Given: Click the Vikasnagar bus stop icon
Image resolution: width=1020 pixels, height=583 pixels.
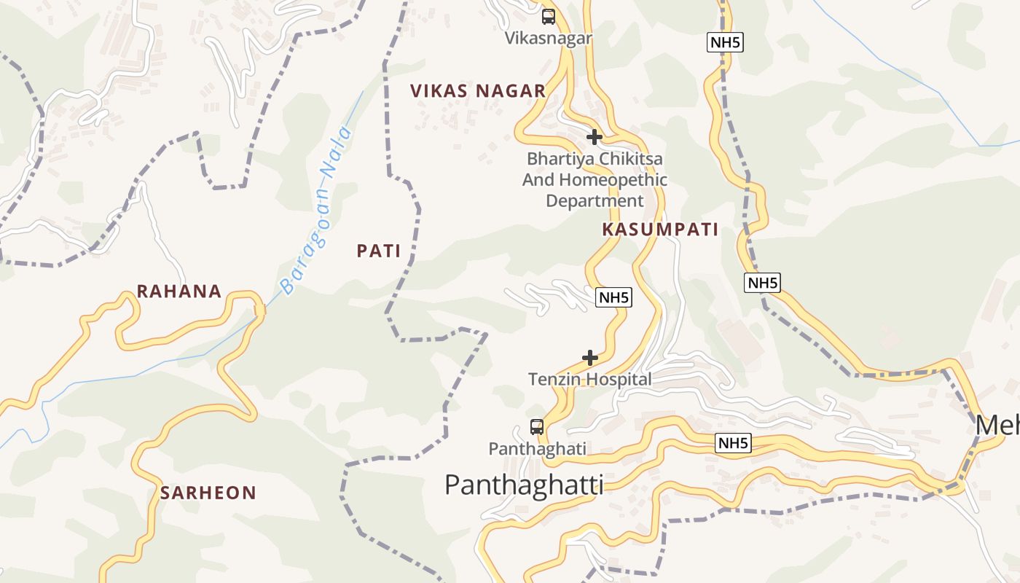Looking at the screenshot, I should coord(549,16).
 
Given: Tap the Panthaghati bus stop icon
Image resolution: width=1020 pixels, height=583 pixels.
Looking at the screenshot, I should coord(537,427).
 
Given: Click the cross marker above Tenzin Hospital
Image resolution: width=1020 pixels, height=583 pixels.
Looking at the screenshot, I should coord(590,358).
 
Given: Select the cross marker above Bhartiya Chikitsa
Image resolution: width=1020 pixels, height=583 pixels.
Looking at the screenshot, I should coord(595,136).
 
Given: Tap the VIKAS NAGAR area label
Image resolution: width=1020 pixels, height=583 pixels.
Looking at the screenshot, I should coord(477,91).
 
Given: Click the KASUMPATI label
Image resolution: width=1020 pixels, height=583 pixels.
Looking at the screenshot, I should coord(660,230).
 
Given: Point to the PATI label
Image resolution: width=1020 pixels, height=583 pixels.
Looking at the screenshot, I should coord(379,251).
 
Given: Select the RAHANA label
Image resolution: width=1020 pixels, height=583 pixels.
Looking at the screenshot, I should coord(179,291).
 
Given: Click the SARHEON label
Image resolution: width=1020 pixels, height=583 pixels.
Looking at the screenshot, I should coord(208,493).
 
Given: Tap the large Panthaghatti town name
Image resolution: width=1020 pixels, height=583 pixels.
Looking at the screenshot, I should coord(524,485).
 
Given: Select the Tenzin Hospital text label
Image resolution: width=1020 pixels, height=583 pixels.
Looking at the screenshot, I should coord(590,379).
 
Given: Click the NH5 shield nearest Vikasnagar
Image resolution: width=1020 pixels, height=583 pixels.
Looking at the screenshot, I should coord(725,42).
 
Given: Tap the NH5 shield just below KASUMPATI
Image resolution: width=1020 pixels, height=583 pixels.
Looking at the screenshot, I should coord(613,297).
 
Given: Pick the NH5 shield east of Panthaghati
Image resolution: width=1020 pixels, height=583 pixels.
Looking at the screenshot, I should coord(733,443).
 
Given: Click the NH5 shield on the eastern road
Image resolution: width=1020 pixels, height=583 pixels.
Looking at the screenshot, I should coord(762,283).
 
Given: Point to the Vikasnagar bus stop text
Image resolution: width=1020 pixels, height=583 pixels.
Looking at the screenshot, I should coord(549,38).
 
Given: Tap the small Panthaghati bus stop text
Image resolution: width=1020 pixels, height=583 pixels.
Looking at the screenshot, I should coord(537,449).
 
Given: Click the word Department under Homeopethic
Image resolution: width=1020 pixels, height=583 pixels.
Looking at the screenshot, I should coord(595,200).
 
